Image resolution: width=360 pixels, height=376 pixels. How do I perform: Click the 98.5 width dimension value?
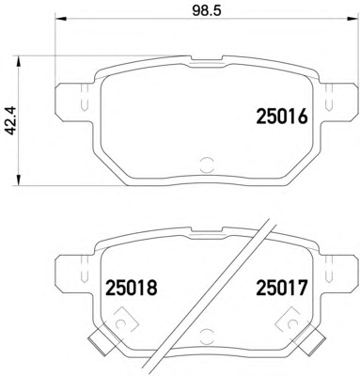207,10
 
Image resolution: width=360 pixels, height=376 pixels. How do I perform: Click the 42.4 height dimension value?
11,120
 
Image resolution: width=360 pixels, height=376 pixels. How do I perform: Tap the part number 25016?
282,117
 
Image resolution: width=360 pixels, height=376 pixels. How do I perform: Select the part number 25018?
131,288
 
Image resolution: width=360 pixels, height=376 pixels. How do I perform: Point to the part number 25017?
282,288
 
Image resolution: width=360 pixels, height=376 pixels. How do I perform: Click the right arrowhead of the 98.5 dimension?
352,19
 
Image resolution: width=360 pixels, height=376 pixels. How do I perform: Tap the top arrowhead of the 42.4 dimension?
19,62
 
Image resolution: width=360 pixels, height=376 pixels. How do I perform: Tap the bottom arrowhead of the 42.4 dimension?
19,180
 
